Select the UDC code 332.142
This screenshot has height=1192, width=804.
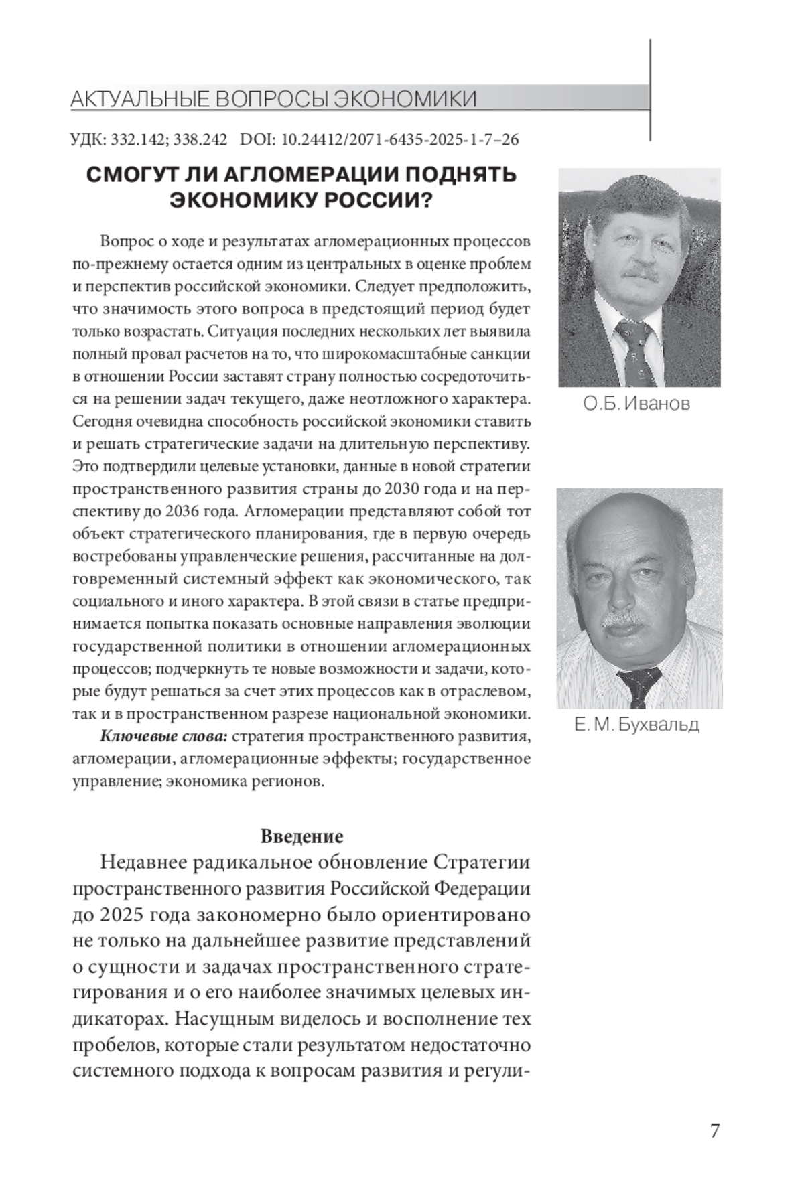point(137,140)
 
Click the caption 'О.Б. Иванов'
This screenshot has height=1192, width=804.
point(636,404)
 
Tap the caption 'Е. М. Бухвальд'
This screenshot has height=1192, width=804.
point(636,725)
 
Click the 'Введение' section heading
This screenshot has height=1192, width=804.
point(301,836)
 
